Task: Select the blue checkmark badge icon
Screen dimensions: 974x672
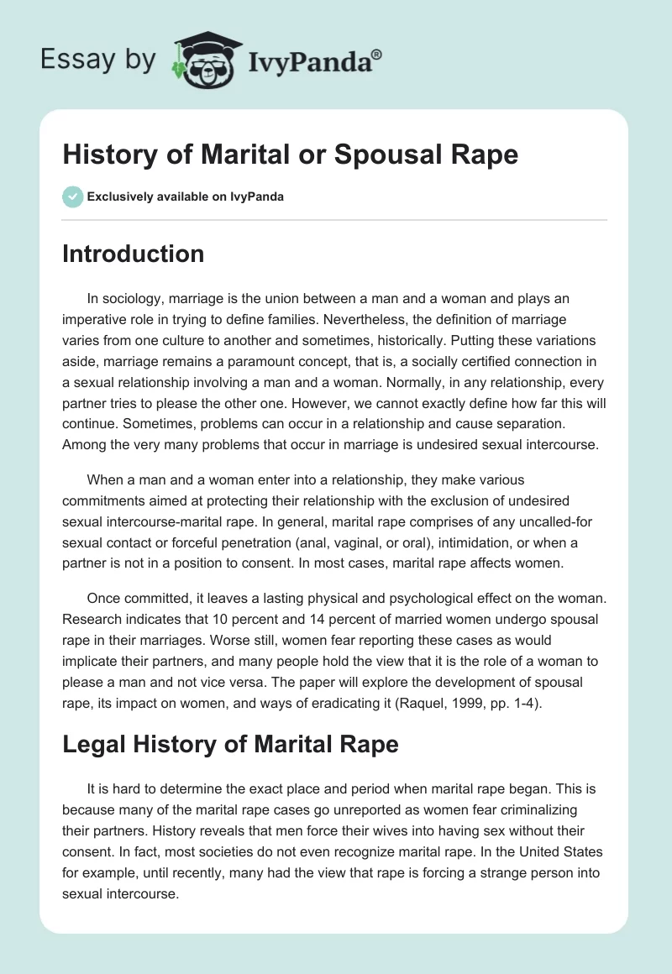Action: [72, 197]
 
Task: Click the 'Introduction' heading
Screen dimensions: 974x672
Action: [133, 254]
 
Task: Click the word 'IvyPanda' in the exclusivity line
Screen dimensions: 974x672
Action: [258, 197]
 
